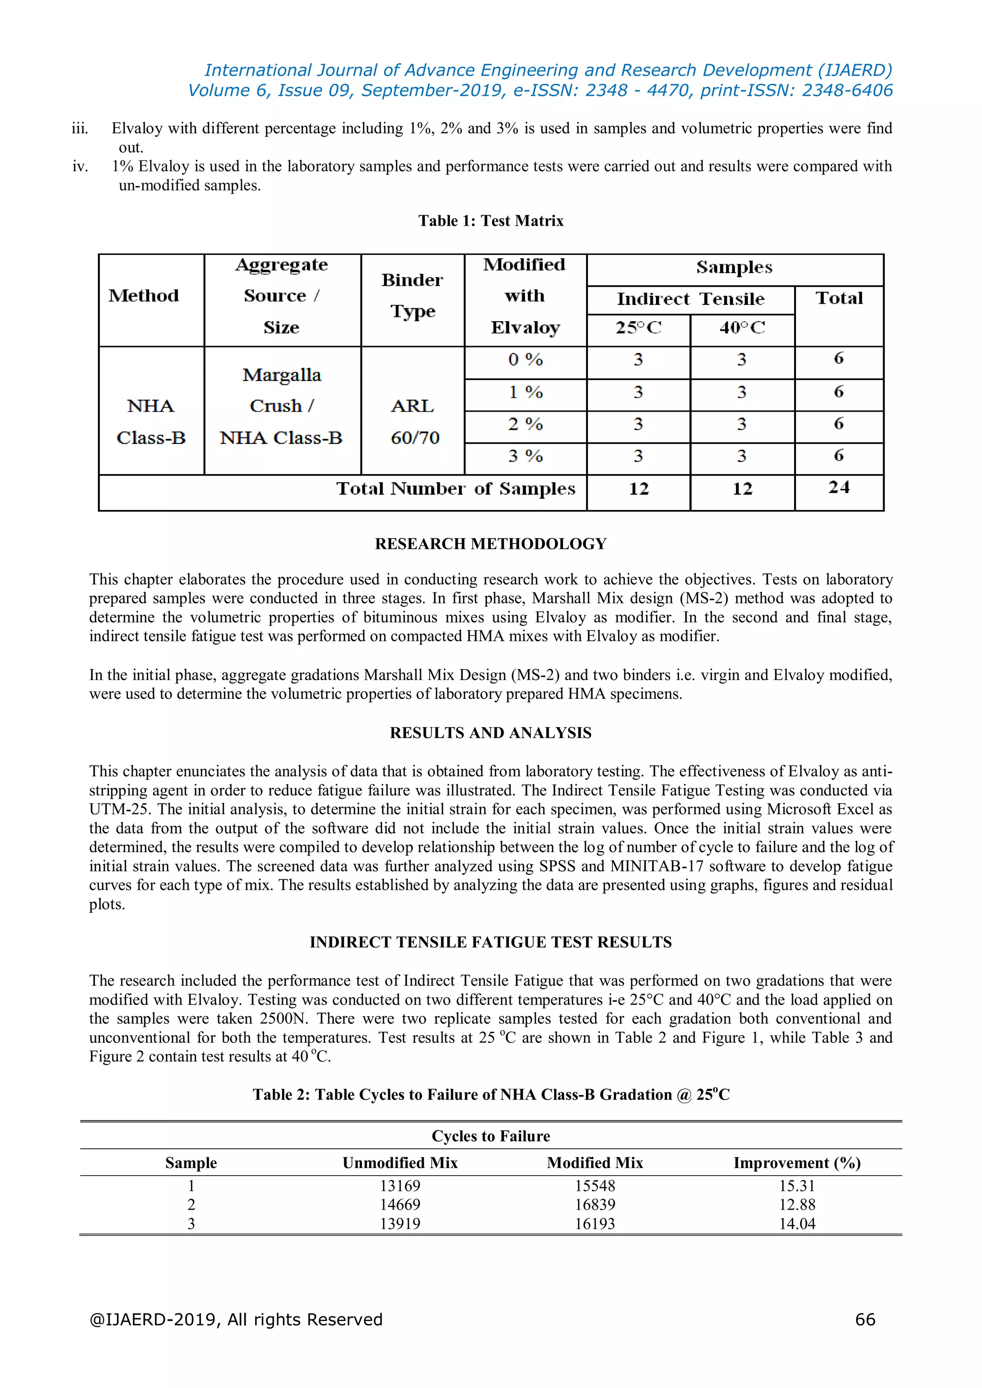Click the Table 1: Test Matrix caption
point(491,220)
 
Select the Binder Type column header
point(412,296)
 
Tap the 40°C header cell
point(742,328)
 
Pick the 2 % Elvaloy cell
point(525,424)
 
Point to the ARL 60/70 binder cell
point(413,421)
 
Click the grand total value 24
point(839,488)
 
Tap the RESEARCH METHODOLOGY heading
point(491,544)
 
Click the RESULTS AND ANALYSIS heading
point(491,733)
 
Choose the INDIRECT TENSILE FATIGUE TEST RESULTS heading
point(491,942)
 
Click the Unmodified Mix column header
point(400,1163)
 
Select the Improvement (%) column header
point(796,1163)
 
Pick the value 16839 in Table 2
point(595,1205)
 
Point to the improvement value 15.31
point(796,1186)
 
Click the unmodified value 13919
point(400,1224)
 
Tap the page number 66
point(865,1319)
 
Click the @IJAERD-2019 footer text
point(236,1319)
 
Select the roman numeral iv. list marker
point(81,166)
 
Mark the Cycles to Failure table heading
point(491,1136)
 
